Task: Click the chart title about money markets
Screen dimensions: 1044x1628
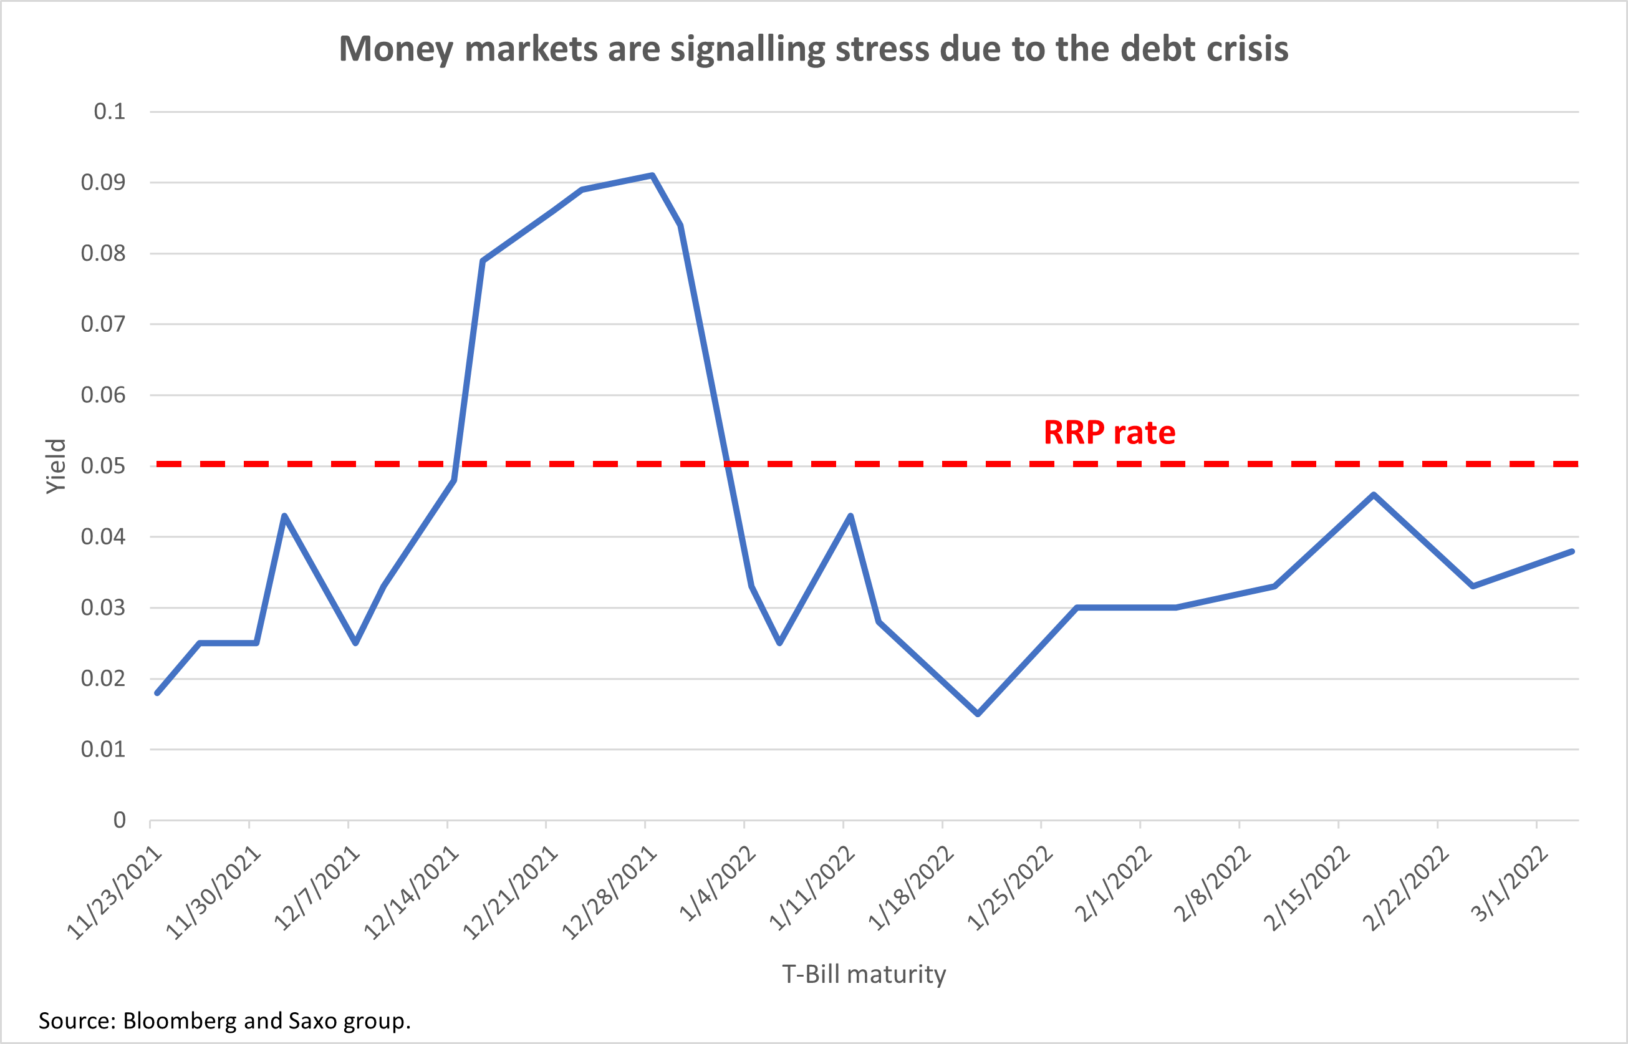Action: [x=813, y=49]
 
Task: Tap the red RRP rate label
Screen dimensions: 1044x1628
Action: [x=1109, y=433]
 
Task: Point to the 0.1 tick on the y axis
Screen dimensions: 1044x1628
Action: [x=110, y=112]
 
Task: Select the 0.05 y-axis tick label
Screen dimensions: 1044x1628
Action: [x=103, y=466]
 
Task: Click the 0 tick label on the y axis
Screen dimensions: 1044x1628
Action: [x=119, y=820]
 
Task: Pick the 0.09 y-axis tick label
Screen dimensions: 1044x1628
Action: [x=103, y=182]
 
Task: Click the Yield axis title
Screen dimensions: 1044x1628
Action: [x=56, y=466]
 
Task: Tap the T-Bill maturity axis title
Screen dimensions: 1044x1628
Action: [x=864, y=974]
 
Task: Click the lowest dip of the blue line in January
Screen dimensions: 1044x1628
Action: [x=977, y=714]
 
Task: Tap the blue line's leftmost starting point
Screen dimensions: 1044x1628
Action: [x=157, y=693]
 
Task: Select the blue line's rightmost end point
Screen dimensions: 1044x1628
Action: [x=1572, y=552]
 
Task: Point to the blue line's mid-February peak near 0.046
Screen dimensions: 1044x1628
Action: [x=1374, y=495]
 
